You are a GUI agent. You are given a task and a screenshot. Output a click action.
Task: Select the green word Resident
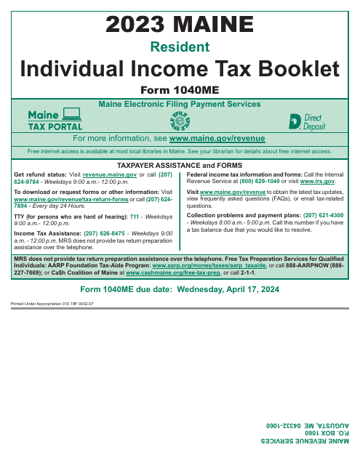[180, 47]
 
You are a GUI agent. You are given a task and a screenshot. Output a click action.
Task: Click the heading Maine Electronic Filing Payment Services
[180, 104]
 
